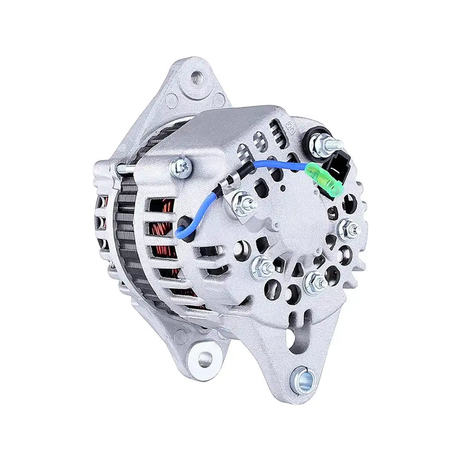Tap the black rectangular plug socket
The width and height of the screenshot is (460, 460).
pos(336,167)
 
